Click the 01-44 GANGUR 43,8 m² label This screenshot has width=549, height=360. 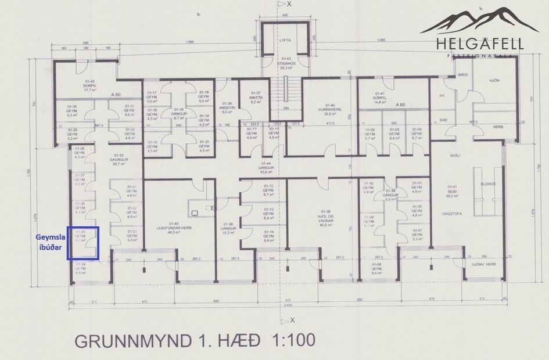(x=267, y=168)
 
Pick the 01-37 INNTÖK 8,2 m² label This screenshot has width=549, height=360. (x=256, y=98)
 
